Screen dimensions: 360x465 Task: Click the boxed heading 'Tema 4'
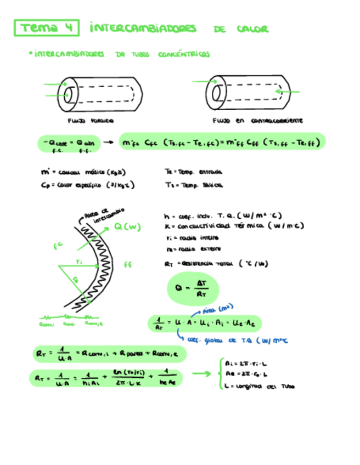coord(47,28)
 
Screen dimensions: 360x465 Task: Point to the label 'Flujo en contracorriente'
coord(257,120)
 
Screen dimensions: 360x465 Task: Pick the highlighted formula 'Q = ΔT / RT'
coord(192,290)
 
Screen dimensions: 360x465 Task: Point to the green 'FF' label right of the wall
coord(128,264)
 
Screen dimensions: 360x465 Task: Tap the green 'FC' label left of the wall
coord(57,247)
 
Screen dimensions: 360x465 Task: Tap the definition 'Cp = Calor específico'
coord(88,185)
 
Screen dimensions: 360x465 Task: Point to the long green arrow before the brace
coord(201,375)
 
